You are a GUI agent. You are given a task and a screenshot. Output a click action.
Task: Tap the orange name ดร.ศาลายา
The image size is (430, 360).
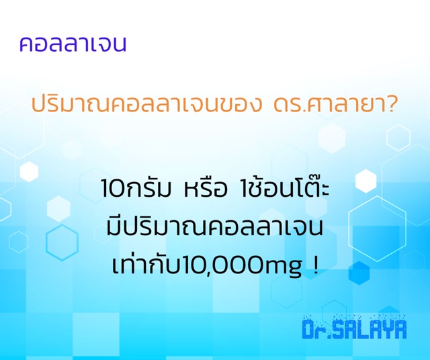coord(327,104)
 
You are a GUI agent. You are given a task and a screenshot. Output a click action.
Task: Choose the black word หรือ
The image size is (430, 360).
coord(206,189)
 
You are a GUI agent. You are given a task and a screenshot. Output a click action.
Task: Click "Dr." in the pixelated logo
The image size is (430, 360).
coord(316,328)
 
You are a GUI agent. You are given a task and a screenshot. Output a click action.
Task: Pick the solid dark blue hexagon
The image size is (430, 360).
coord(359,273)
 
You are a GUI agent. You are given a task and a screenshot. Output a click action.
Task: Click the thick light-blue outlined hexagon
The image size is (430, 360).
coord(62,242)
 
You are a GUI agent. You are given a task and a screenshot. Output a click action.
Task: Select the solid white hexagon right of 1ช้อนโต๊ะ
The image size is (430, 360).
coord(365,181)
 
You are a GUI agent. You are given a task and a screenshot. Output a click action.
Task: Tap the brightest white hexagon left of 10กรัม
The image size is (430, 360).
coord(29,172)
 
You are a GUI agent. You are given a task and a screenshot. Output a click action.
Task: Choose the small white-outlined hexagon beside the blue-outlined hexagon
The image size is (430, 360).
coord(18,242)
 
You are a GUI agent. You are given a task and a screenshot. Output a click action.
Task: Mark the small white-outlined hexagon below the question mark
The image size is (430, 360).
coord(398,138)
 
